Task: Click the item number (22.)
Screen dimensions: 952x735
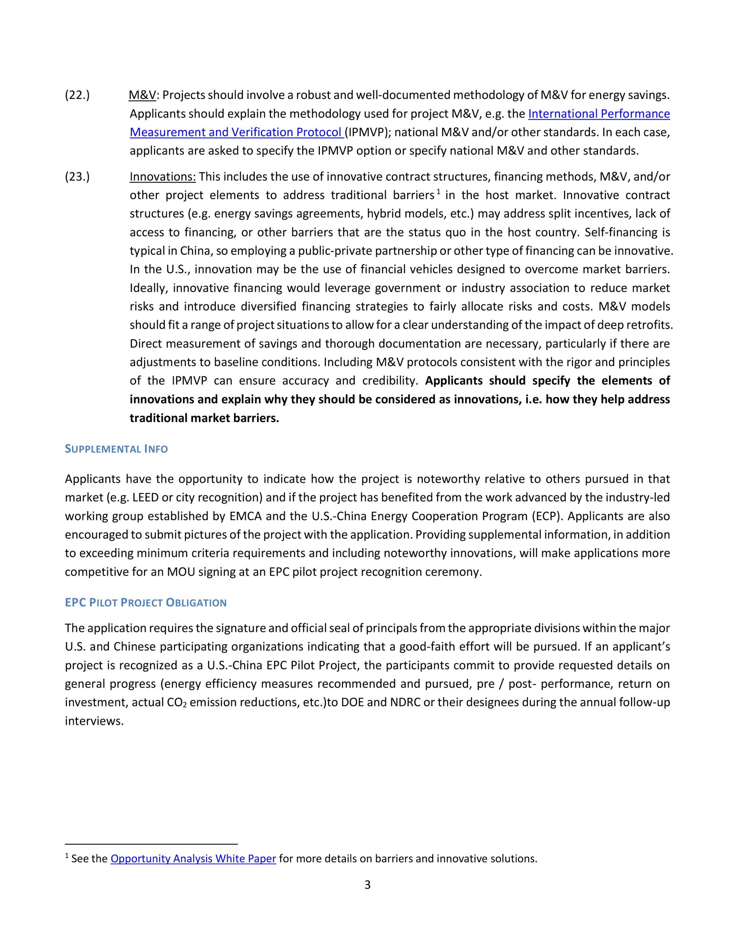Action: (77, 95)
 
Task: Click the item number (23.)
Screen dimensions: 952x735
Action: (77, 177)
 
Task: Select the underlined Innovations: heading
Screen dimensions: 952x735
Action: (163, 177)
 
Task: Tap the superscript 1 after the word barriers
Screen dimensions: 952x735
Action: (439, 192)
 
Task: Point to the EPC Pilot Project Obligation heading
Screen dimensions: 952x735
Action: (146, 602)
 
